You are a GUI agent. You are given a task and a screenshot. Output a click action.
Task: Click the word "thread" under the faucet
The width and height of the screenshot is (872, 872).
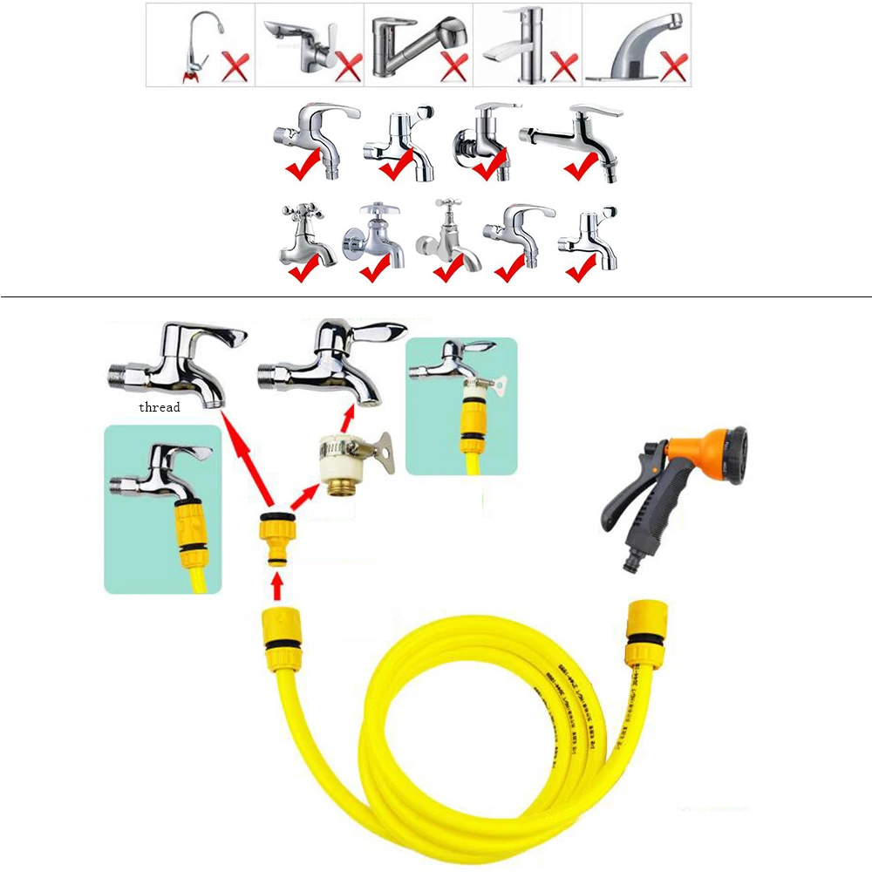pos(159,407)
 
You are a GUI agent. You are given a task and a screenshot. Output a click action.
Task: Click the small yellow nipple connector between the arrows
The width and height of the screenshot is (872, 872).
pos(276,539)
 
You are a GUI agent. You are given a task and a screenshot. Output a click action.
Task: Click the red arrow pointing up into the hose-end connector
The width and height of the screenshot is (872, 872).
pos(276,587)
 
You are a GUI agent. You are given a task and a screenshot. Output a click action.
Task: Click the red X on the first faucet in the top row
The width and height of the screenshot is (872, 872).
pos(235,66)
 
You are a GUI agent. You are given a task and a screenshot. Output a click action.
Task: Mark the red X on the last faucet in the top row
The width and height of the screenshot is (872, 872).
pos(672,66)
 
